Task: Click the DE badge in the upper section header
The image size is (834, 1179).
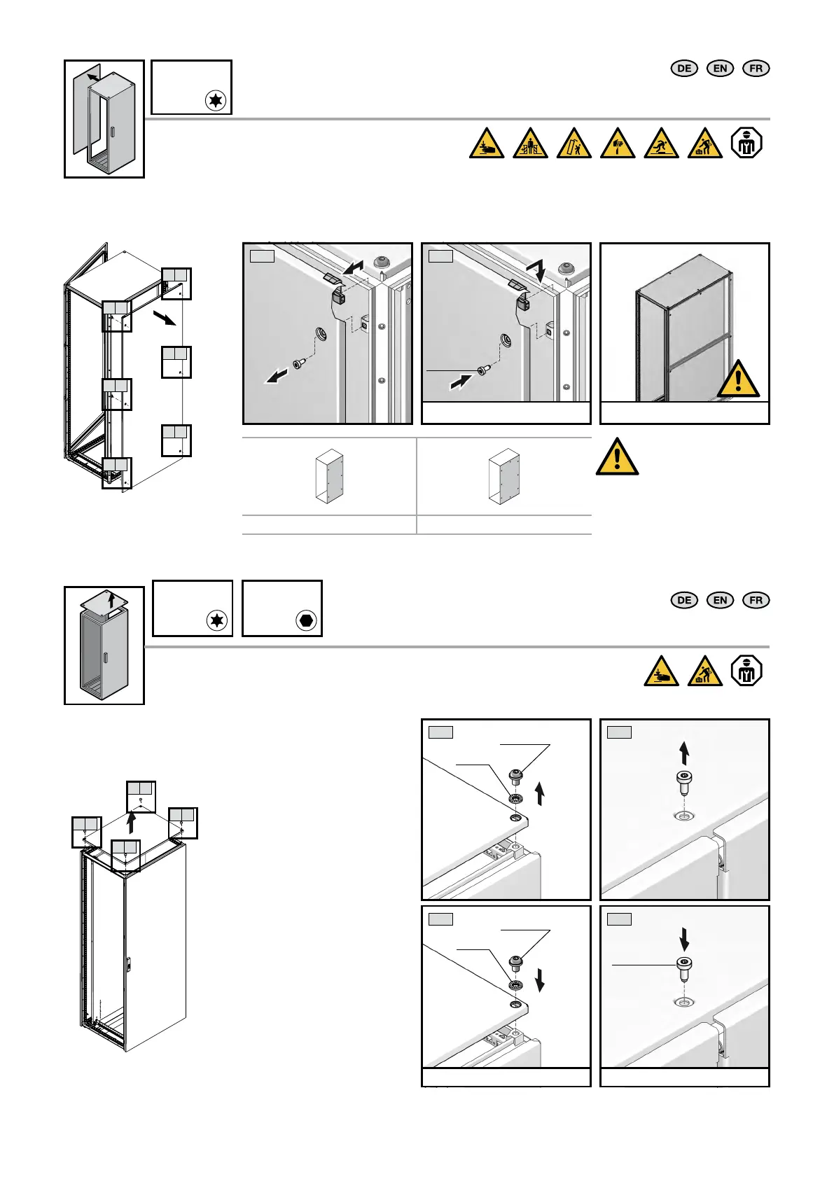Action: pyautogui.click(x=684, y=68)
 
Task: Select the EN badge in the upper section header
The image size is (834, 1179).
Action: pyautogui.click(x=720, y=68)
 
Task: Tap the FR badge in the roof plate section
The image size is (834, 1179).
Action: pyautogui.click(x=756, y=600)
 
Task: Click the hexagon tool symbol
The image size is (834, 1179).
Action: pyautogui.click(x=306, y=620)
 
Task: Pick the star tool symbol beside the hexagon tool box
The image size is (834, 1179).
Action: pyautogui.click(x=217, y=620)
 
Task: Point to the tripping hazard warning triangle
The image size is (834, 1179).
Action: pyautogui.click(x=661, y=144)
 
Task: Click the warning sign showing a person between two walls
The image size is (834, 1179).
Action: pyautogui.click(x=530, y=144)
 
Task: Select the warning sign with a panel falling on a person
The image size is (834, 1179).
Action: pyautogui.click(x=574, y=144)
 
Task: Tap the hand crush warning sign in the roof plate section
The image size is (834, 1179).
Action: pyautogui.click(x=661, y=671)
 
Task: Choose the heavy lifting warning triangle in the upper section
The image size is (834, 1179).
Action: pyautogui.click(x=704, y=144)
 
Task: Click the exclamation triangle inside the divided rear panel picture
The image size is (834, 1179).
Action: pyautogui.click(x=738, y=379)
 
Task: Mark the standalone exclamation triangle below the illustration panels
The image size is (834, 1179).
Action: pyautogui.click(x=617, y=456)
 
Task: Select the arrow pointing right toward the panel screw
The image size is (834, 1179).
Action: pyautogui.click(x=460, y=382)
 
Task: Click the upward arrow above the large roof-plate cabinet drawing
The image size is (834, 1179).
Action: pyautogui.click(x=131, y=821)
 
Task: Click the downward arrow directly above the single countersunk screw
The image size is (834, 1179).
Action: pyautogui.click(x=684, y=938)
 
